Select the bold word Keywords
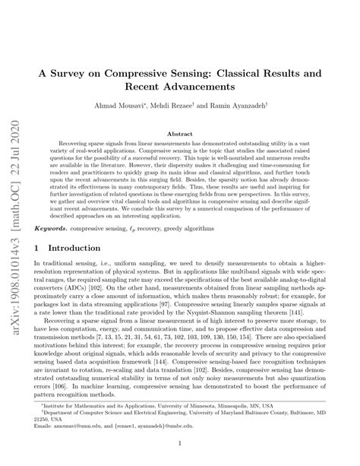[x=78, y=227]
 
